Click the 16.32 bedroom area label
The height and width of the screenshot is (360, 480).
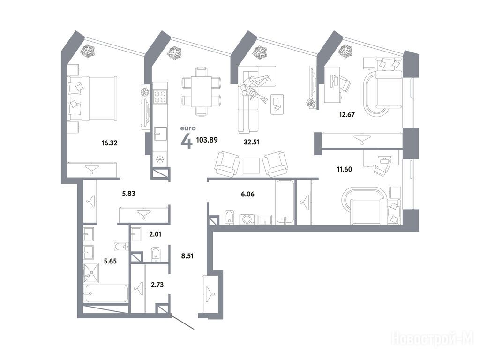click(109, 143)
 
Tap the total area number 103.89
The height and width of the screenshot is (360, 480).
click(207, 140)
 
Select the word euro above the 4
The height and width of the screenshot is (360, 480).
click(188, 128)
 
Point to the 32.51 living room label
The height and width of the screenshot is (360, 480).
click(252, 142)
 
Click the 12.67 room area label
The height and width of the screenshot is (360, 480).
click(347, 114)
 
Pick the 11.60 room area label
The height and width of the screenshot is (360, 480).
click(345, 169)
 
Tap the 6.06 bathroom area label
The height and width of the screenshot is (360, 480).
click(247, 194)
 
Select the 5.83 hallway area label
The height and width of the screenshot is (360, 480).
click(128, 194)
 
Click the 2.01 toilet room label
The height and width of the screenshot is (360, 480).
click(155, 234)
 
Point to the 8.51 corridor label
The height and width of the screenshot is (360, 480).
click(187, 256)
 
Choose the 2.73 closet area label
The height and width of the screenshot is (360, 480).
click(157, 285)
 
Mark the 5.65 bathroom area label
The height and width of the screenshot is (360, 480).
click(110, 261)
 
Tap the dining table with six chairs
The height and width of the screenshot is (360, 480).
click(201, 91)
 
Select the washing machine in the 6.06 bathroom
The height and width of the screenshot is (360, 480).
click(247, 219)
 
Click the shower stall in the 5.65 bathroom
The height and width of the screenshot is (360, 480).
click(91, 273)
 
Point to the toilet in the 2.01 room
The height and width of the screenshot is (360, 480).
click(156, 255)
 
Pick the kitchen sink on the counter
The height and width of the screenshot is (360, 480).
click(160, 134)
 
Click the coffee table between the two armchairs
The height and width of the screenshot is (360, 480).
click(251, 165)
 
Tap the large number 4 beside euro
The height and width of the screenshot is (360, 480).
click(187, 141)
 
